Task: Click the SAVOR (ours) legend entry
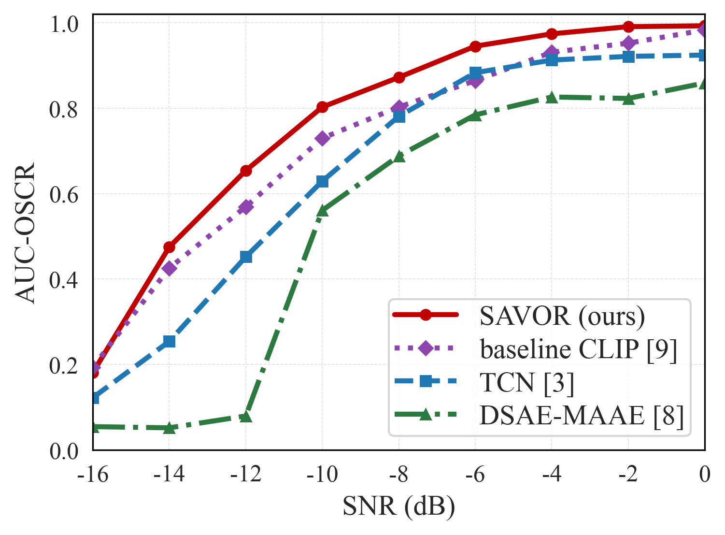[562, 316]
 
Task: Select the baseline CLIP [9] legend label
[578, 349]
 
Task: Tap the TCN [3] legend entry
[526, 382]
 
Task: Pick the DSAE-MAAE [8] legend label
[582, 416]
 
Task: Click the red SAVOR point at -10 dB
[322, 106]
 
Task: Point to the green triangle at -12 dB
[246, 417]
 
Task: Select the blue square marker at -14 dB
[169, 341]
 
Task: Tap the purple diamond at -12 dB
[246, 207]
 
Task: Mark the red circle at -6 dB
[475, 46]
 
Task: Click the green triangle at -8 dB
[399, 157]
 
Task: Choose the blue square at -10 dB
[322, 182]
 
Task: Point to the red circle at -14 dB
[169, 247]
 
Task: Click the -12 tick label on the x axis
[246, 475]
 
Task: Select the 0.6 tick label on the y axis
[63, 194]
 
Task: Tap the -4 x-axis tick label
[552, 475]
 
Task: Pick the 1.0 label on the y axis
[64, 24]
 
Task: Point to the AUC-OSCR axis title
[25, 233]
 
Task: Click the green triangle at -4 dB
[552, 97]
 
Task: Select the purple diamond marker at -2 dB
[628, 43]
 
